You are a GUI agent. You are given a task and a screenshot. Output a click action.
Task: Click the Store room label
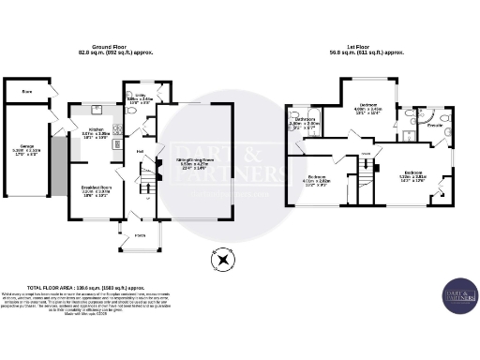(x=26, y=92)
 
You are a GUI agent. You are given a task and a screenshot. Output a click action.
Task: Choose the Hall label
(x=139, y=152)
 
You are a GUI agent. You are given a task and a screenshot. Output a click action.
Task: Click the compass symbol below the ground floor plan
(x=223, y=255)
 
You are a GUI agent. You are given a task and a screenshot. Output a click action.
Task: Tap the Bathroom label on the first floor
(x=305, y=123)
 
